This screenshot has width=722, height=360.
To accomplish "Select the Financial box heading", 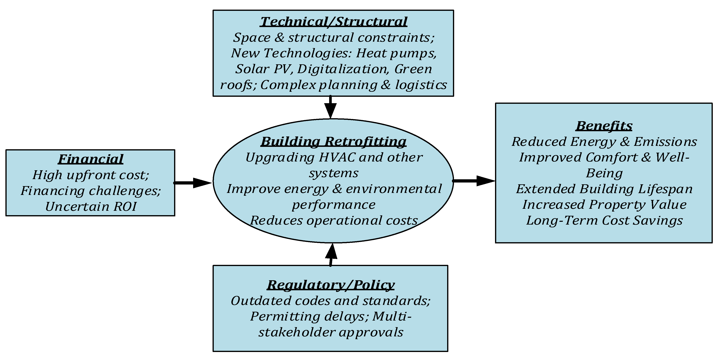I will click(91, 159).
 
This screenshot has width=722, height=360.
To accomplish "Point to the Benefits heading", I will click(604, 126).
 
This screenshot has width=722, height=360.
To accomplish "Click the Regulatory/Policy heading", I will click(331, 285).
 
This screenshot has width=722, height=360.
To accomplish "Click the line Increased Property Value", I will click(604, 205).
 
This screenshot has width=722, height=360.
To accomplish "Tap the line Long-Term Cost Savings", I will click(604, 220).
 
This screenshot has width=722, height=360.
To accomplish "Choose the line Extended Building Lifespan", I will click(604, 189).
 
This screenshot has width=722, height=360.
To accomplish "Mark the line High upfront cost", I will click(91, 175).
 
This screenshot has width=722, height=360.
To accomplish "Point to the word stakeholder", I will click(296, 332).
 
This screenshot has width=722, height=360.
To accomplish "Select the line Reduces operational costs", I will click(334, 220).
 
